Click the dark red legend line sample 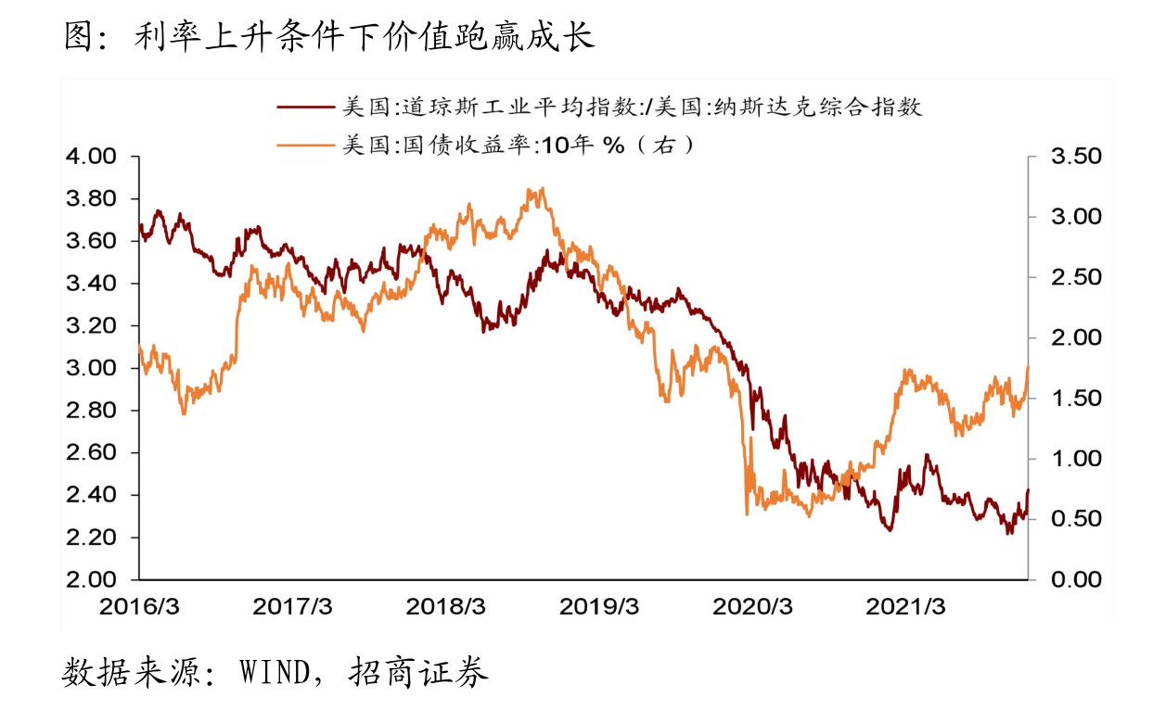point(305,108)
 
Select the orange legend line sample point(305,145)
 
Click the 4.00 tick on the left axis point(90,157)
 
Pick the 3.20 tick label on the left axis point(90,326)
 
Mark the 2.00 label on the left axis point(90,580)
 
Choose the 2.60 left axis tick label point(90,453)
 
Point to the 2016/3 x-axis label point(139,607)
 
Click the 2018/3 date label point(445,607)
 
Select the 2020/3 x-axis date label point(752,607)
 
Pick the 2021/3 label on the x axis point(905,607)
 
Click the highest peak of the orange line point(541,189)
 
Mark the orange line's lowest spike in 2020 point(747,513)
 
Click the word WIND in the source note point(274,672)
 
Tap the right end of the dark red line point(1028,490)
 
